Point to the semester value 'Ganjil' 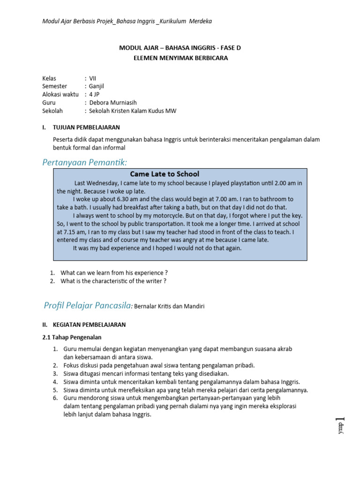pyautogui.click(x=97, y=86)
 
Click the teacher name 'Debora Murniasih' pyautogui.click(x=113, y=103)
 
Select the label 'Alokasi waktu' pyautogui.click(x=60, y=95)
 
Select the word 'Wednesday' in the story pyautogui.click(x=103, y=183)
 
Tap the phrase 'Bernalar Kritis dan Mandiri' pyautogui.click(x=169, y=307)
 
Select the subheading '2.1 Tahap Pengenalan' pyautogui.click(x=71, y=337)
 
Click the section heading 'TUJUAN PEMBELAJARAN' pyautogui.click(x=87, y=127)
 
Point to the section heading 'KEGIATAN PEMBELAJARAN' pyautogui.click(x=90, y=324)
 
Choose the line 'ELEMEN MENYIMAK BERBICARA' pyautogui.click(x=180, y=57)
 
